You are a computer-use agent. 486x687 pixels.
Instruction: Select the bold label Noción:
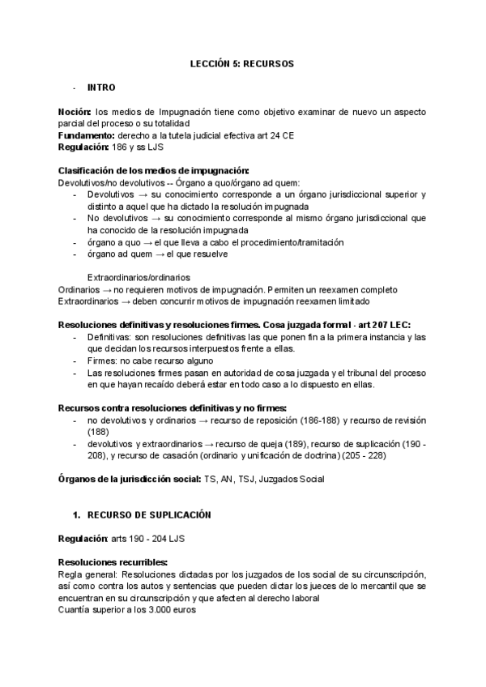pos(75,111)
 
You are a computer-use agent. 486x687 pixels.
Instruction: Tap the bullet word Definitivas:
pos(112,336)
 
